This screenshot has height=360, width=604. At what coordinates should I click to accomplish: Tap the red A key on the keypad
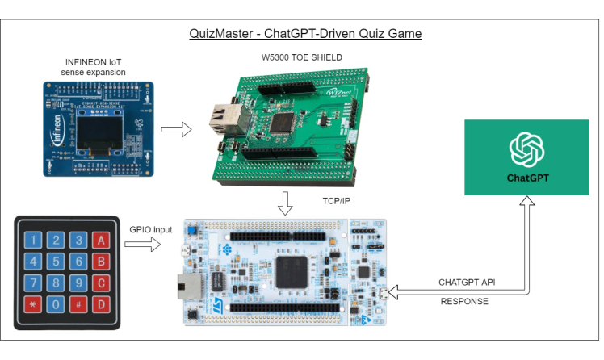pyautogui.click(x=100, y=240)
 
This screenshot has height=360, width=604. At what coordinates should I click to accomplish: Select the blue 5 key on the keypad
pyautogui.click(x=56, y=262)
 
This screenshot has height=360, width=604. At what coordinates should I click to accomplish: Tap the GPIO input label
pyautogui.click(x=151, y=229)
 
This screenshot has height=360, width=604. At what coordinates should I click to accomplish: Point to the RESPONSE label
pyautogui.click(x=463, y=302)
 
